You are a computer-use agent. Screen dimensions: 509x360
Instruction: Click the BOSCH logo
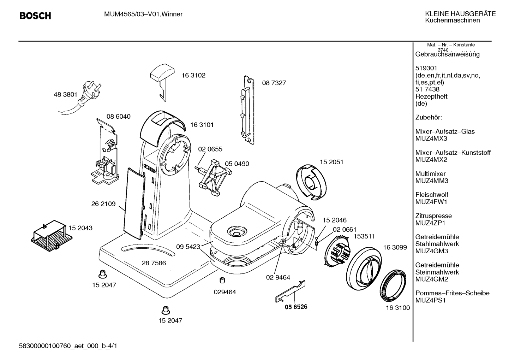pos(35,16)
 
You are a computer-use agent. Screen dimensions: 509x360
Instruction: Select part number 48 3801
pos(65,94)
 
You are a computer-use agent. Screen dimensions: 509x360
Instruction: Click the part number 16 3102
pos(193,75)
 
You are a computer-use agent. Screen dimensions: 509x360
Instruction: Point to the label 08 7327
pos(274,83)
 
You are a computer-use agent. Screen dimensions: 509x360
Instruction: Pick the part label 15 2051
pos(331,162)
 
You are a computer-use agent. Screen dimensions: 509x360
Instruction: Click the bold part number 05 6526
pos(296,307)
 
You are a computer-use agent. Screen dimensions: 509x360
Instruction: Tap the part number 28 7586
pos(154,263)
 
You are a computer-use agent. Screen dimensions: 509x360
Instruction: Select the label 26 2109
pos(103,204)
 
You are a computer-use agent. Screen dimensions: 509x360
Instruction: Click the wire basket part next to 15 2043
pos(52,236)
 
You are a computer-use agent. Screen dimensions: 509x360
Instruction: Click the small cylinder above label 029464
pos(222,281)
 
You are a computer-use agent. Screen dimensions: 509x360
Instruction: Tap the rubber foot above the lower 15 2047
pos(166,310)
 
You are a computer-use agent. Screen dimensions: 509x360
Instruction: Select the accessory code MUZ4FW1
pos(431,202)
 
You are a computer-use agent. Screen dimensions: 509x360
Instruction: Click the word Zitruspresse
pos(433,216)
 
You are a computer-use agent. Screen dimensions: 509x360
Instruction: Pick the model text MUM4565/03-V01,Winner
pos(143,14)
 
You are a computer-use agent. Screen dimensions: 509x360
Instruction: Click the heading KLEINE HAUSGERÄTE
pos(460,14)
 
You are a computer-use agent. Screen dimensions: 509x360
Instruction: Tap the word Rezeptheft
pos(431,96)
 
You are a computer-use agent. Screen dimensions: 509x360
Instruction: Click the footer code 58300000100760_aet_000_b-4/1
pos(68,346)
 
